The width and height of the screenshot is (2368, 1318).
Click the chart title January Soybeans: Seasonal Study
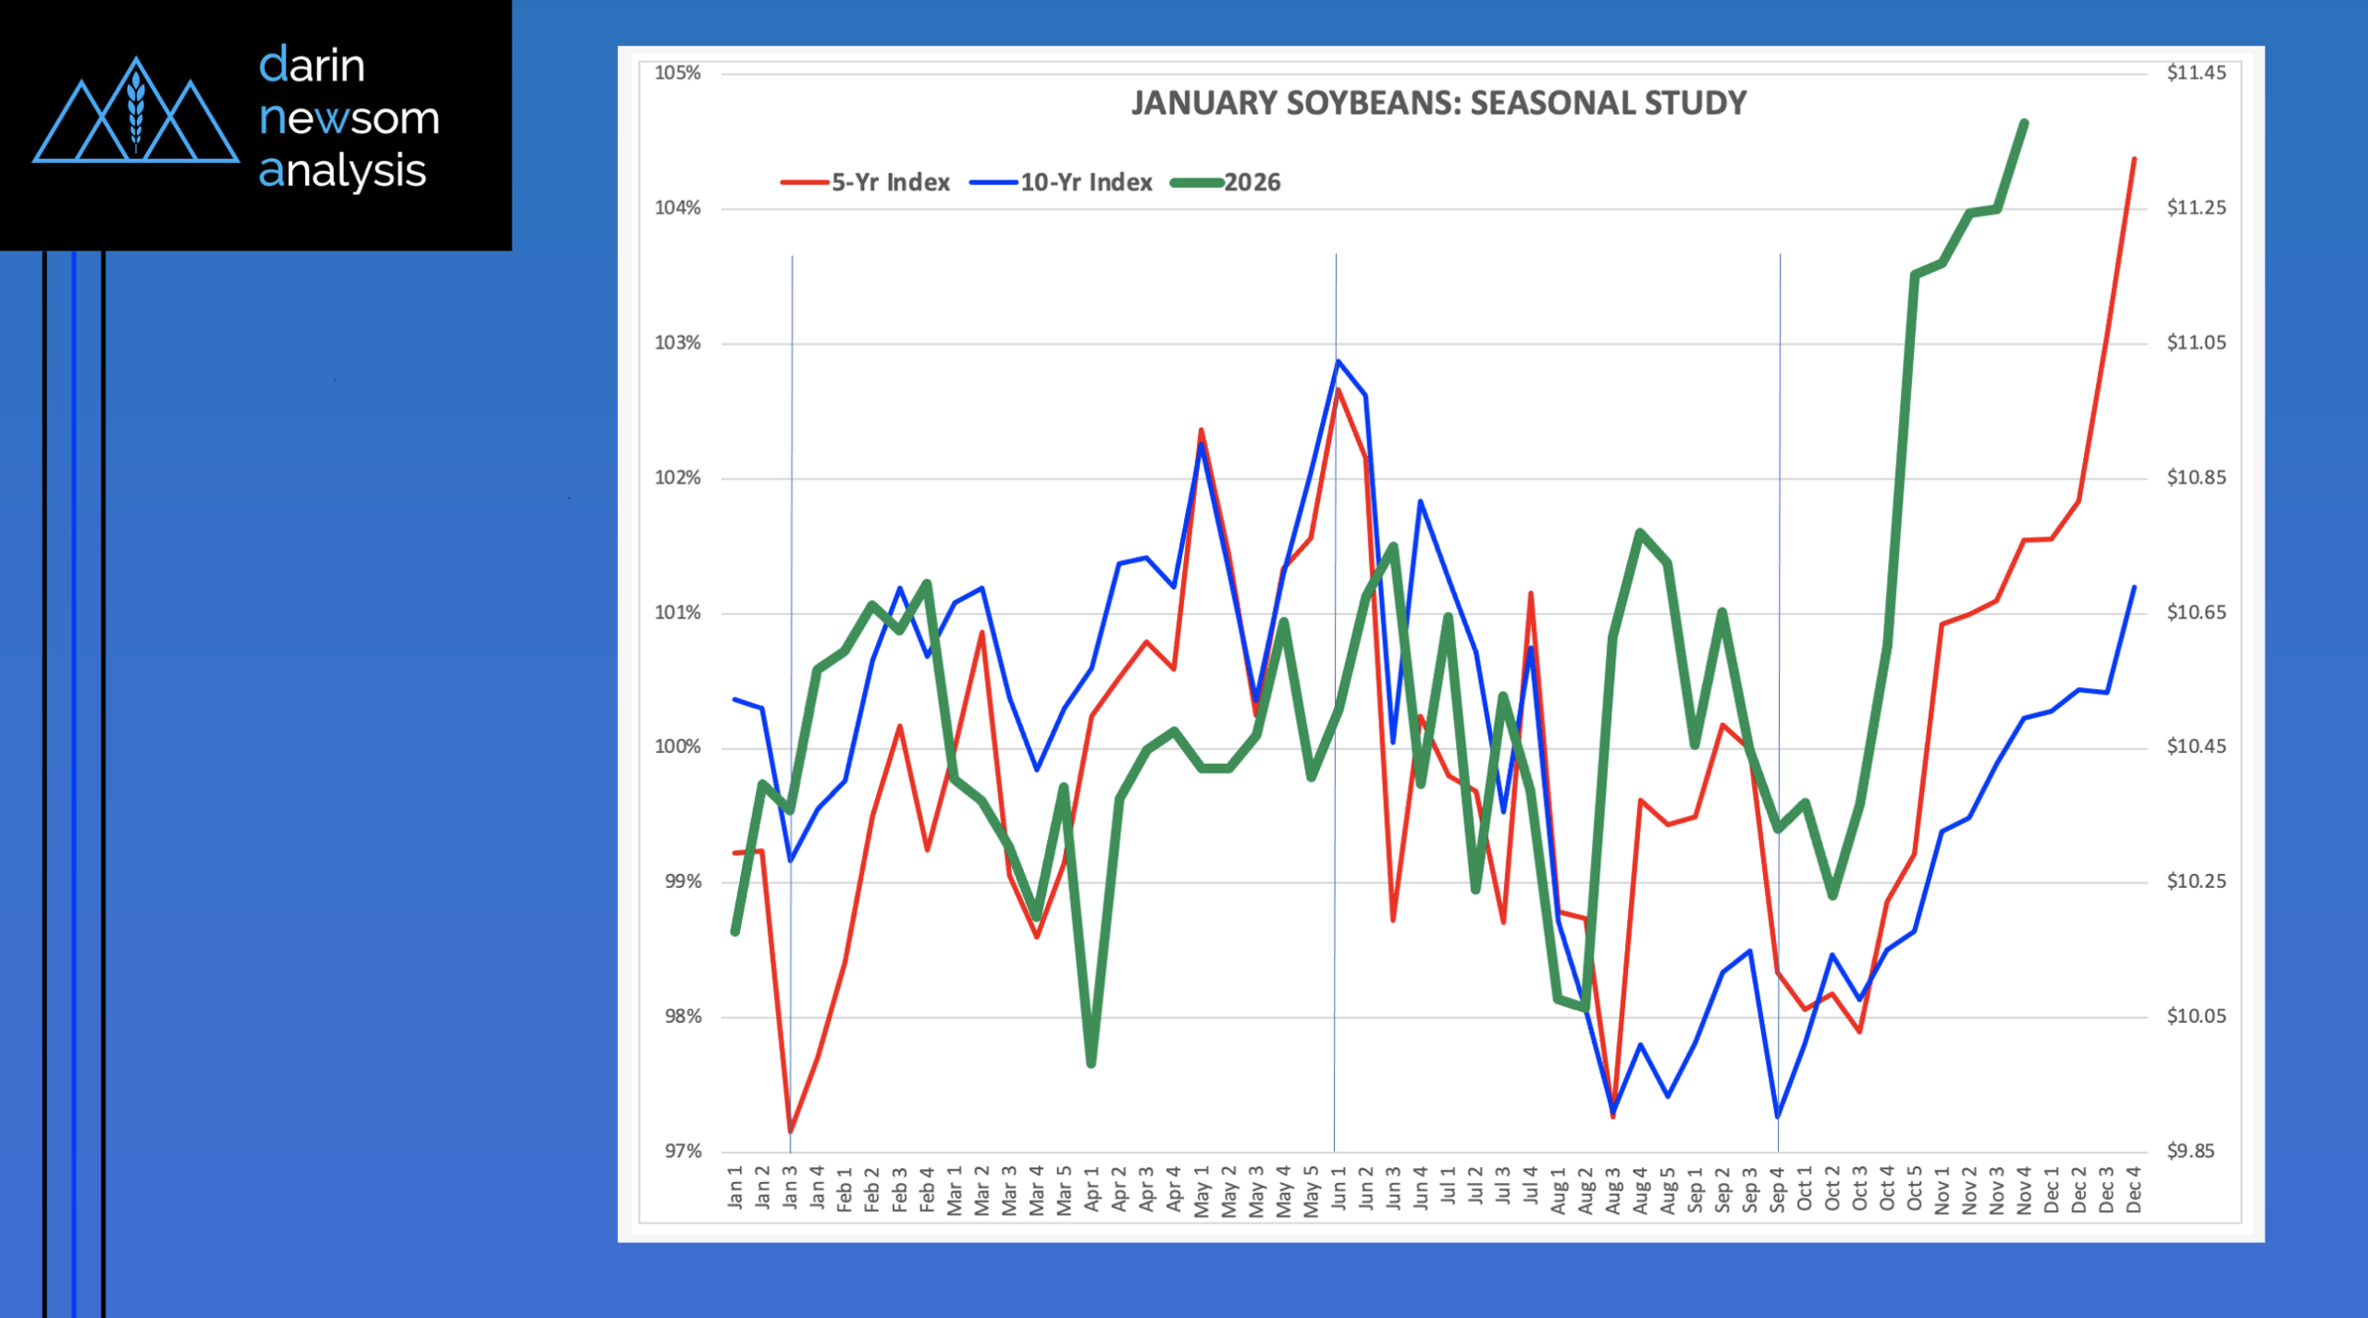[x=1438, y=103]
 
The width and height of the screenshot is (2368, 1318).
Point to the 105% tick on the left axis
[x=678, y=73]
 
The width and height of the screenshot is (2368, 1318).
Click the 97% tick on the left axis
[x=683, y=1152]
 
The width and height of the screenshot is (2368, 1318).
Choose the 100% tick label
[x=678, y=747]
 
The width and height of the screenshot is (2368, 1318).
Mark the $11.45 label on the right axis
[x=2197, y=73]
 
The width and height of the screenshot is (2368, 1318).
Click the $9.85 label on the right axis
[x=2191, y=1152]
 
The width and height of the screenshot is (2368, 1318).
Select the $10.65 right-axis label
[x=2197, y=612]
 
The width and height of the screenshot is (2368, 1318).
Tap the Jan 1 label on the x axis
[x=736, y=1188]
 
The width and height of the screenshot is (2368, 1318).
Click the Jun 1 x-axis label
[x=1338, y=1188]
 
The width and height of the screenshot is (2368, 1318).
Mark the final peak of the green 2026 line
[x=2024, y=123]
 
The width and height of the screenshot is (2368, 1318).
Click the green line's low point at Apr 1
[x=1091, y=1064]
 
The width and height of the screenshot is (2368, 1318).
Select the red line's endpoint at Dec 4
[x=2134, y=159]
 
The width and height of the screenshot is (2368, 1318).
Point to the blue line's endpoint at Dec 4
[x=2134, y=587]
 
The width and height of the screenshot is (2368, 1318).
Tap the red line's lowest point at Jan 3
[x=791, y=1131]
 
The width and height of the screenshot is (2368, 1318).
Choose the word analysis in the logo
[x=342, y=172]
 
